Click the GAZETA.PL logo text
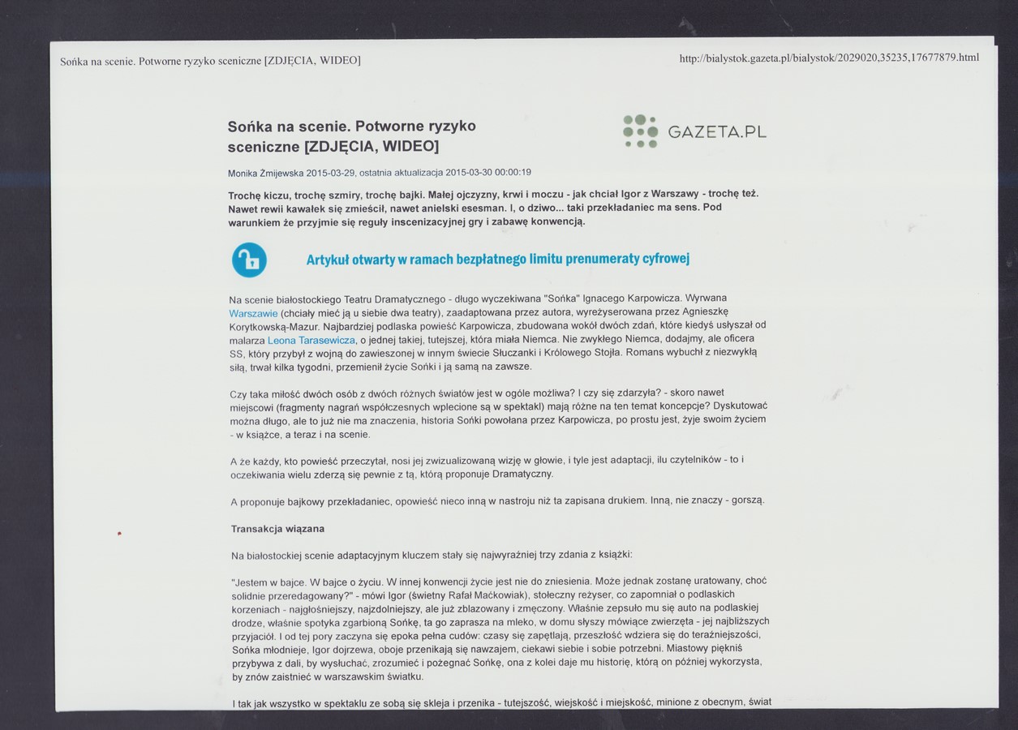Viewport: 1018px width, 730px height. pos(717,132)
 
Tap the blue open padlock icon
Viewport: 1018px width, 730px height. pos(249,260)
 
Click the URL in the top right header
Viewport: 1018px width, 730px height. pos(828,58)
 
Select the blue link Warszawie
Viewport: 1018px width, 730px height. pos(253,313)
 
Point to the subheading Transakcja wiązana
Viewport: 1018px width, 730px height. pos(277,529)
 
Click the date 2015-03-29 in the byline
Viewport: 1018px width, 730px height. pos(330,173)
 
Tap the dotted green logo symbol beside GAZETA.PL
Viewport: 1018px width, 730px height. pos(640,131)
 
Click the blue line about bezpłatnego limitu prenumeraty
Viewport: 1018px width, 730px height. pos(497,260)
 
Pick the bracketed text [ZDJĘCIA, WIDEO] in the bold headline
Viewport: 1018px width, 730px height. pos(371,147)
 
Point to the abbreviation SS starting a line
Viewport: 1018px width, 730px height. pos(237,354)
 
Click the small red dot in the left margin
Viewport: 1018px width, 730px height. pos(118,533)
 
